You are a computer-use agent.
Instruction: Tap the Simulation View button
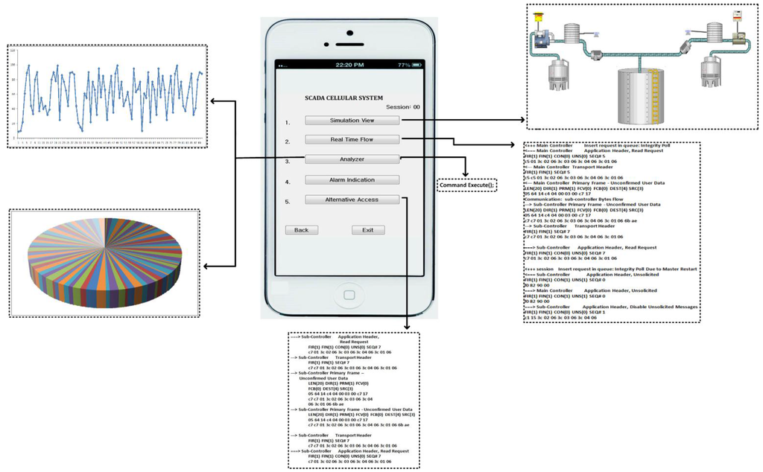pyautogui.click(x=352, y=120)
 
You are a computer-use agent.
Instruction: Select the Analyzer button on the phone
pyautogui.click(x=352, y=159)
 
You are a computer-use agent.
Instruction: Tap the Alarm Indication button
pyautogui.click(x=352, y=179)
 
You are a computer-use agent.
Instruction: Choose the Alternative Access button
pyautogui.click(x=352, y=200)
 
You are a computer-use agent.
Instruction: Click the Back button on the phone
pyautogui.click(x=301, y=230)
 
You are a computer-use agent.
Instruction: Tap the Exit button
pyautogui.click(x=367, y=230)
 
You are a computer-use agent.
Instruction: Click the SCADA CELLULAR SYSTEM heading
pyautogui.click(x=343, y=98)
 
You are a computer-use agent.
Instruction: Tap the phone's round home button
pyautogui.click(x=349, y=293)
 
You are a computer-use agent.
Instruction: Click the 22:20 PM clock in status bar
pyautogui.click(x=349, y=65)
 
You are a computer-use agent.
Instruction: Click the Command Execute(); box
pyautogui.click(x=466, y=185)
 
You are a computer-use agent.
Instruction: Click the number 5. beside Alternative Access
pyautogui.click(x=288, y=202)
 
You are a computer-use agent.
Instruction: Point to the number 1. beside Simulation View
pyautogui.click(x=288, y=122)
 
